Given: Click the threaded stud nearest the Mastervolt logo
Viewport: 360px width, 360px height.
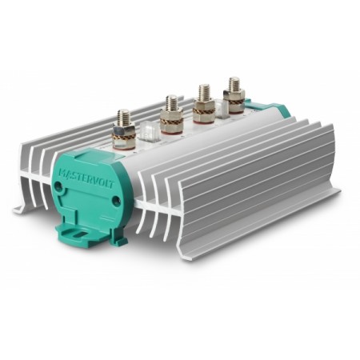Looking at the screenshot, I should [x=123, y=119].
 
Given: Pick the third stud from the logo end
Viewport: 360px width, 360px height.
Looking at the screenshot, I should [x=202, y=93].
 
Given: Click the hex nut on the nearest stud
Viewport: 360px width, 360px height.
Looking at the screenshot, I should [x=123, y=129].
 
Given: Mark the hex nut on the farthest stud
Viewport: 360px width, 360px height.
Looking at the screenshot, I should [x=234, y=94].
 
